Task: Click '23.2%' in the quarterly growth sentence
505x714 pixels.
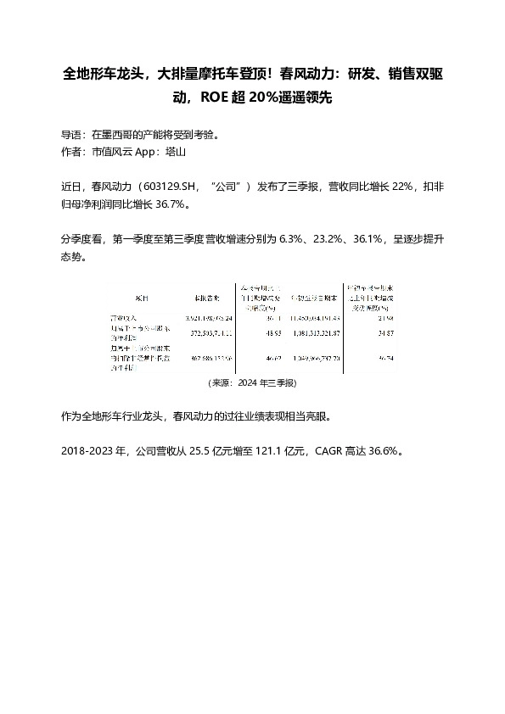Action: tap(327, 240)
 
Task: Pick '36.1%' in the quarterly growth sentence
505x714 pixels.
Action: tap(366, 240)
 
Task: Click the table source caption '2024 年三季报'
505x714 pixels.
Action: tap(265, 383)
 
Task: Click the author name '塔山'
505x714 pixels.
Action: tap(175, 152)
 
